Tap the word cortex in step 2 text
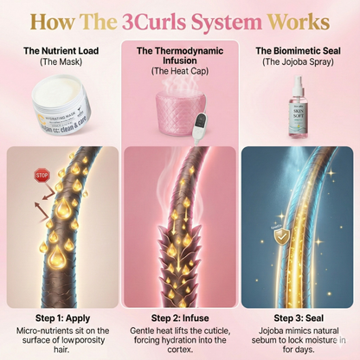point(179,350)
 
